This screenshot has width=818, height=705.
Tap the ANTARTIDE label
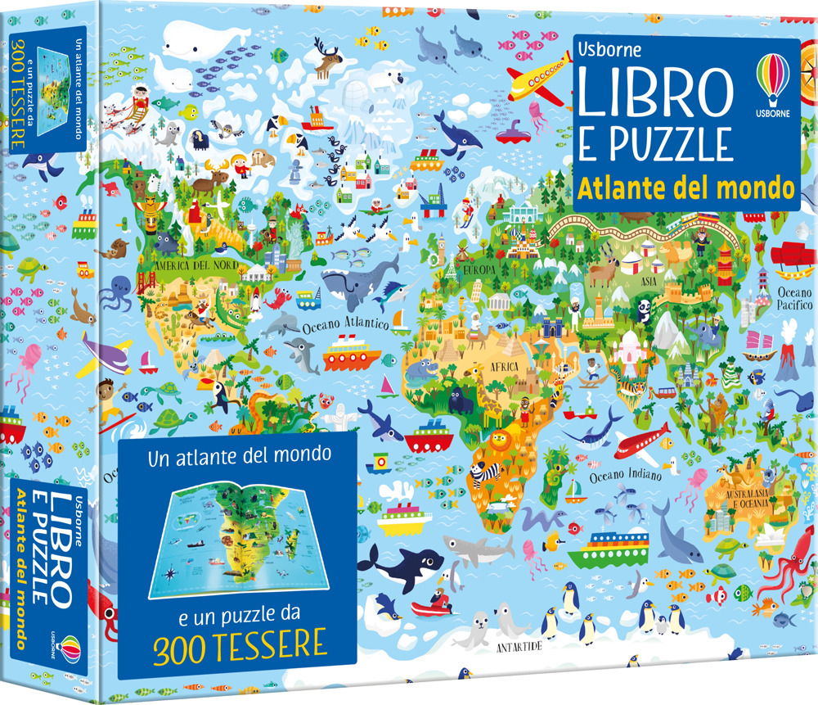(521, 647)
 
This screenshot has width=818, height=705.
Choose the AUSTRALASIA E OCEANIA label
(739, 496)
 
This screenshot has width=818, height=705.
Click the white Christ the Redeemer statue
(335, 414)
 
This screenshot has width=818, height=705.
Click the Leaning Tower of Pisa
(474, 287)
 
